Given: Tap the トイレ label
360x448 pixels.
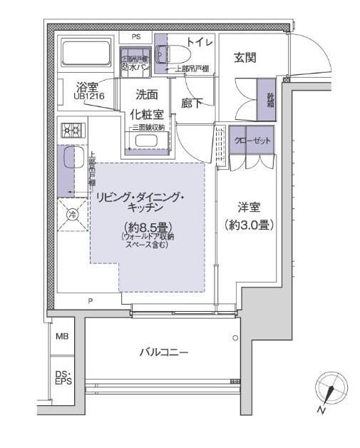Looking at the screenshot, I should click(200, 43).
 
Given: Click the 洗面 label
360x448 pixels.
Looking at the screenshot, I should click(147, 93).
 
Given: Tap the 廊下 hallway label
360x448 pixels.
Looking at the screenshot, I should click(191, 103).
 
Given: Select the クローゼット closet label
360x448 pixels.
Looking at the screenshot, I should click(252, 140).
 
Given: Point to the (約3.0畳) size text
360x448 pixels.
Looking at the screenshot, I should click(249, 224).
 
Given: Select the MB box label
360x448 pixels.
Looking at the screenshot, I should click(62, 336).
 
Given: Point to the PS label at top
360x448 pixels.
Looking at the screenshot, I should click(135, 36).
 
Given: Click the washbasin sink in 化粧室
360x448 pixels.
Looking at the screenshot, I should click(148, 140).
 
